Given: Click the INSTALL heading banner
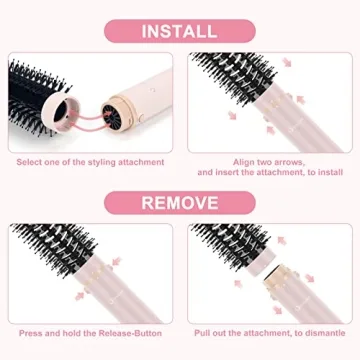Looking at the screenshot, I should tap(179, 30).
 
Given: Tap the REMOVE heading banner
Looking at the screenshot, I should tap(179, 203).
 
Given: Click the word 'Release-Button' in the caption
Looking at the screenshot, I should tap(130, 332).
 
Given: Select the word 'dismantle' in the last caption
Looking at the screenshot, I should tap(314, 332).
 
